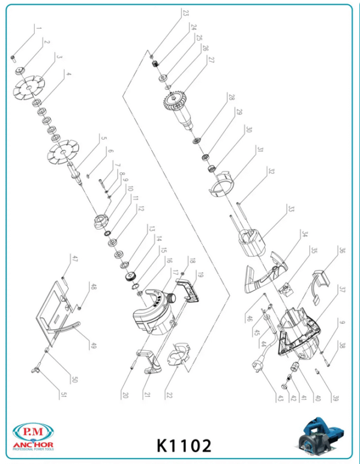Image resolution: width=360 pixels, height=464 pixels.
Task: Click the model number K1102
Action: [x=184, y=445]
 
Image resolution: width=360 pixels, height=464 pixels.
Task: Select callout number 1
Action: [x=39, y=28]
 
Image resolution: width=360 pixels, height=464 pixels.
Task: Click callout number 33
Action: [x=291, y=209]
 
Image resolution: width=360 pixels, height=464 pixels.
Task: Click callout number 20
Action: [x=125, y=395]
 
